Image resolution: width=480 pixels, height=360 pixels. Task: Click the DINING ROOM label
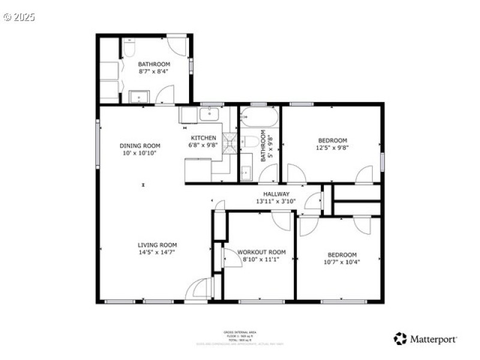coord(140,146)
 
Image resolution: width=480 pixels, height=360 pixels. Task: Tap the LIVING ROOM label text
coord(157,245)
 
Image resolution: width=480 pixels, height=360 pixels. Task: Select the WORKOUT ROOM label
coord(261,252)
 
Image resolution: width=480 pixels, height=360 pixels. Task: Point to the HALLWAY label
coord(277,194)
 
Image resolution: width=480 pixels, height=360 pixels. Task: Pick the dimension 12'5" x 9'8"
coord(332,147)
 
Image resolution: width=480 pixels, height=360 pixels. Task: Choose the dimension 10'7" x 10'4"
coord(342,262)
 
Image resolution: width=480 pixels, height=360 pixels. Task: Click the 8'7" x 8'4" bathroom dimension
coord(154,71)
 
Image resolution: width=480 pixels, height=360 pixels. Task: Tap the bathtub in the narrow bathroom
coord(259,117)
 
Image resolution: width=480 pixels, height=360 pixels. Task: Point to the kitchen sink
coord(210,113)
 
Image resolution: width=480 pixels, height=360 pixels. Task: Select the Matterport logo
coord(425,339)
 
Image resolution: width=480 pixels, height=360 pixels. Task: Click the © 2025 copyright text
coord(19,17)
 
